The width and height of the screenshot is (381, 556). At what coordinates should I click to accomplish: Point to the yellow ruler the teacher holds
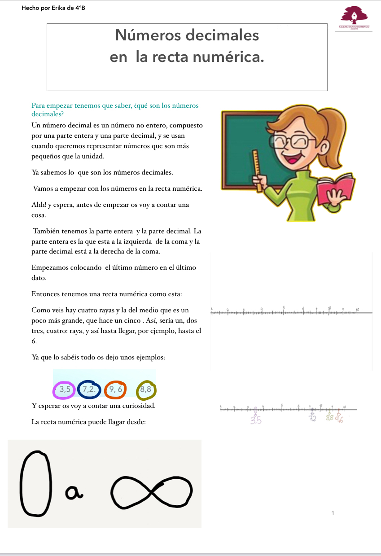pos(258,168)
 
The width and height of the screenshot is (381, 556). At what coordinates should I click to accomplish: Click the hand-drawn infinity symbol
pos(152,491)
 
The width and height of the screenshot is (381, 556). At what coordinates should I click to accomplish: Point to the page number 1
pos(333,513)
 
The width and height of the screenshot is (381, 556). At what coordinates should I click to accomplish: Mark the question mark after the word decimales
pos(64,114)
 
